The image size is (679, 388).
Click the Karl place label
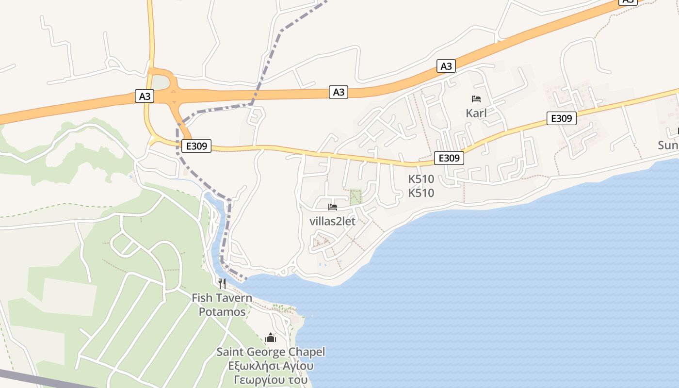coord(476,113)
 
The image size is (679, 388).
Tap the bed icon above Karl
coord(476,99)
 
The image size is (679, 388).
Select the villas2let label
coord(332,222)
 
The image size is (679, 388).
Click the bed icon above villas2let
coord(333,207)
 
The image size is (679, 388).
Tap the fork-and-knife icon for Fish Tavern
coord(222,283)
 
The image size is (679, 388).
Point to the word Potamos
coord(222,312)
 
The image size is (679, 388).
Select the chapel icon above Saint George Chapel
coord(271,338)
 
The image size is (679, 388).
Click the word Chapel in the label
coord(307,352)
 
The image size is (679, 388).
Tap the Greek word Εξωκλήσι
coord(252,366)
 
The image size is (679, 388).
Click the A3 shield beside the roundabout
coord(145,97)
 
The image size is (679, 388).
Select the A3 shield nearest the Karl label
coord(446,66)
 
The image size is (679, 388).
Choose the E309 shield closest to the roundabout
coord(196,146)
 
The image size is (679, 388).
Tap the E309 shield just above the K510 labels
coord(449,158)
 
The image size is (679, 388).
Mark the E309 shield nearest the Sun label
coord(562,118)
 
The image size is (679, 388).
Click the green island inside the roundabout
coord(162,83)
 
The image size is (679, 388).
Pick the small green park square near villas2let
coord(356,197)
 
